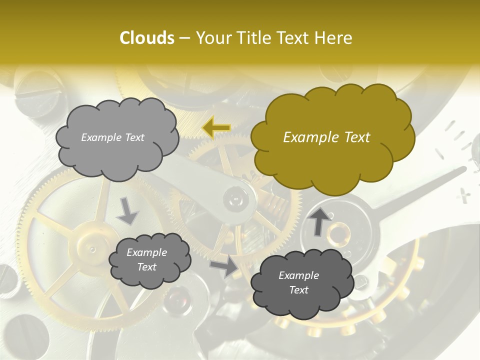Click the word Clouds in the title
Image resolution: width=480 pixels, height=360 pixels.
tap(147, 38)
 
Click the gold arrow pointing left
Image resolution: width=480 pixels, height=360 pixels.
tap(216, 128)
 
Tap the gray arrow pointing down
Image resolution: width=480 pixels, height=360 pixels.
tap(127, 210)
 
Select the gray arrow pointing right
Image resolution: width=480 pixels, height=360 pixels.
tap(224, 267)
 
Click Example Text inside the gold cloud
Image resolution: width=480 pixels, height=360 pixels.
tap(326, 137)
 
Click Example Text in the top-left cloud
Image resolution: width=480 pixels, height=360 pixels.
tap(112, 137)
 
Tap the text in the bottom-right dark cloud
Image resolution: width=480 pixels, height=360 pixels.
tap(298, 282)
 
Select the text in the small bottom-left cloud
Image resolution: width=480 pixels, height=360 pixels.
tap(146, 259)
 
